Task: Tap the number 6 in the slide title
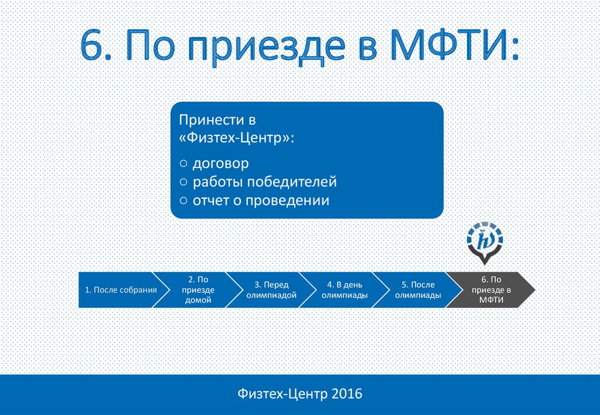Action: [92, 45]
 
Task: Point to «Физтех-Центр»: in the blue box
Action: [237, 137]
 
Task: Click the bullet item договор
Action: [221, 164]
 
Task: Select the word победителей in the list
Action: [292, 182]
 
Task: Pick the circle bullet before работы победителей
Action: [183, 182]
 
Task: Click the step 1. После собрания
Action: [121, 290]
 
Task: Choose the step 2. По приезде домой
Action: [198, 290]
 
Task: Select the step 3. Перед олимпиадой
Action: [271, 290]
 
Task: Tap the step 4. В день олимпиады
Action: [345, 290]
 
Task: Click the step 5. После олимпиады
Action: [418, 290]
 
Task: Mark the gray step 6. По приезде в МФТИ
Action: [492, 290]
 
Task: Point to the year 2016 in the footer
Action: [347, 393]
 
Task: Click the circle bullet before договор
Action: [183, 164]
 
